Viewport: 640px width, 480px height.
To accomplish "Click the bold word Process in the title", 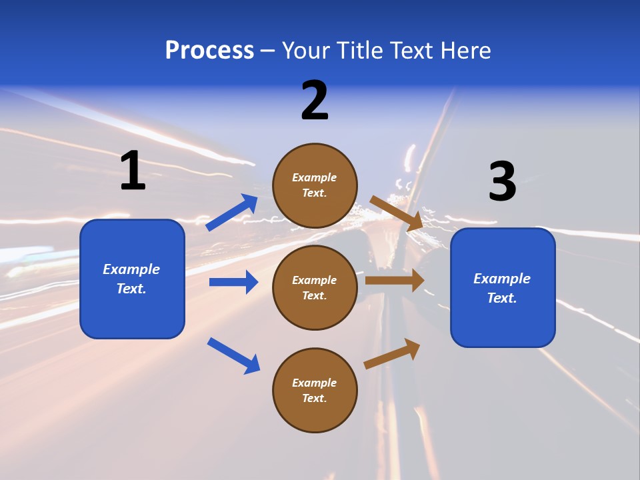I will coord(209,51).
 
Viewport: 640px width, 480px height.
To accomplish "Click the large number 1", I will coord(133,171).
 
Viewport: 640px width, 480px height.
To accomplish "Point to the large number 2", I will coord(315,101).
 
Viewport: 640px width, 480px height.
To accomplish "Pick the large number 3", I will coord(502,182).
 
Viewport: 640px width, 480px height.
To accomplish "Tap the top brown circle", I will coord(315,185).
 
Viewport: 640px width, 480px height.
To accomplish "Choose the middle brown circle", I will coord(315,287).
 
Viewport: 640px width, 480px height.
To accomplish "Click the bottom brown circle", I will coord(315,391).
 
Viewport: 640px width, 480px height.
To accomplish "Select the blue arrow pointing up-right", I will coord(233,213).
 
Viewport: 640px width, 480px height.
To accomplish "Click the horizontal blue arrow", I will coord(233,282).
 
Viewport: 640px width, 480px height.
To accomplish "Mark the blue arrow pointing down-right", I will coord(234,355).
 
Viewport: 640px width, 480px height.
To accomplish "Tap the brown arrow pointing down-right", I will coord(396,213).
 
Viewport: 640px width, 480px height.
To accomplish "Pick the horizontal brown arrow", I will coord(395,281).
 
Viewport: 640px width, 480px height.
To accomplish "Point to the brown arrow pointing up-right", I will coord(393,353).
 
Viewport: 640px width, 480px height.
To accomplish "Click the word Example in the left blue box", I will coord(131,269).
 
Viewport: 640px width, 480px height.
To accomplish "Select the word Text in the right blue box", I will coord(501,298).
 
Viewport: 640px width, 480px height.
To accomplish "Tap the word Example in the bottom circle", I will coord(315,383).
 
